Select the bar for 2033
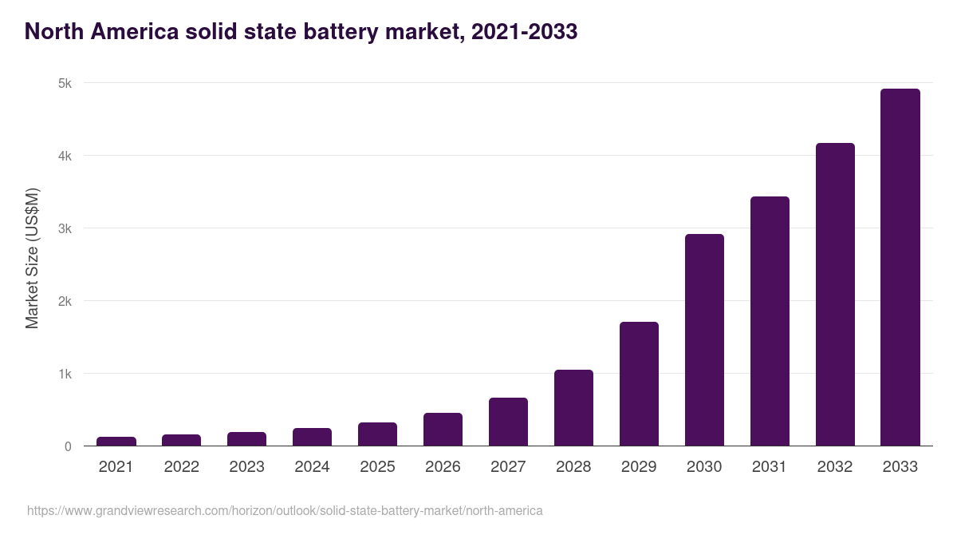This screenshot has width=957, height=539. [x=900, y=268]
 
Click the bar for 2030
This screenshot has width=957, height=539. [x=704, y=340]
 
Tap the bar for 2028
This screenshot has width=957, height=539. [x=573, y=408]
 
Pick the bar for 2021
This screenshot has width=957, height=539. [x=116, y=442]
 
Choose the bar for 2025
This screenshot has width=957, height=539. [x=377, y=434]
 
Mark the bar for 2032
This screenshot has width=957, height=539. [x=835, y=295]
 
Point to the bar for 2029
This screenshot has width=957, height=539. [x=639, y=384]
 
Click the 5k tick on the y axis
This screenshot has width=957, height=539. [x=65, y=83]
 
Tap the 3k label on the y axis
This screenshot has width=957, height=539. [x=65, y=228]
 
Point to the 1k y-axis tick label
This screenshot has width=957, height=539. [x=65, y=374]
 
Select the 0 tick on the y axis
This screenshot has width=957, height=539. [x=68, y=446]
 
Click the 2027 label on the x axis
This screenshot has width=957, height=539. [x=508, y=467]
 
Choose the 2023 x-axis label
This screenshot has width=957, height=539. [x=246, y=467]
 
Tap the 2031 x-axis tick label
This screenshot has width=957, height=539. [x=770, y=467]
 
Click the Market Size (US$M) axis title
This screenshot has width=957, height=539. [x=32, y=258]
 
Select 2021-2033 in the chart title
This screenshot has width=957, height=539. [x=524, y=32]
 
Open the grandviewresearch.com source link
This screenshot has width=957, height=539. [x=285, y=510]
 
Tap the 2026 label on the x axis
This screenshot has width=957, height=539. [x=443, y=467]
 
